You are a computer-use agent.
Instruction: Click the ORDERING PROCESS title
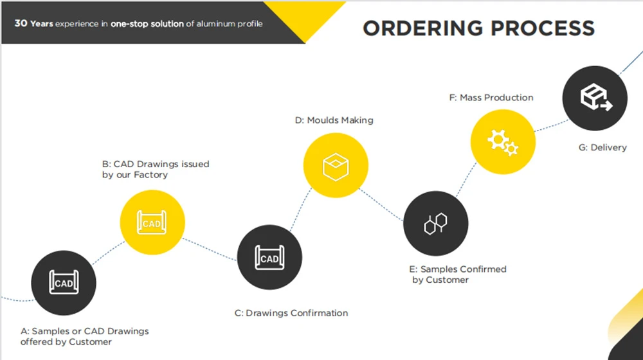pos(478,28)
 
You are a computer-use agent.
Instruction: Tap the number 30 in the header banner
pos(21,23)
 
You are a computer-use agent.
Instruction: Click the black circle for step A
pos(64,283)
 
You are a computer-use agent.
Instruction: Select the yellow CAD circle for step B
pos(152,222)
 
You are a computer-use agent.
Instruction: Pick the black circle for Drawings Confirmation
pos(269,257)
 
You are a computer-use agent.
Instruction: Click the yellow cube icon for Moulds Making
pos(336,167)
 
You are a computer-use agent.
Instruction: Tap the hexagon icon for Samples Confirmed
pos(435,224)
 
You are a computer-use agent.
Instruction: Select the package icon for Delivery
pos(596,97)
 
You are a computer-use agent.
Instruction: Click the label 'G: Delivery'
pos(602,148)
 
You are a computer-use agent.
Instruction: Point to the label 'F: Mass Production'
pos(491,98)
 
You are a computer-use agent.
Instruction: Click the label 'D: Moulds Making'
pos(334,120)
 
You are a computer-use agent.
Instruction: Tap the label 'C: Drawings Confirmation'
pos(291,313)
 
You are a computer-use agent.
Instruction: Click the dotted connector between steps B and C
pos(210,249)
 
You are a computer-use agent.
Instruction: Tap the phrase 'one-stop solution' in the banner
pos(147,24)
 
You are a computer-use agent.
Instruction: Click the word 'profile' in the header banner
pos(251,24)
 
